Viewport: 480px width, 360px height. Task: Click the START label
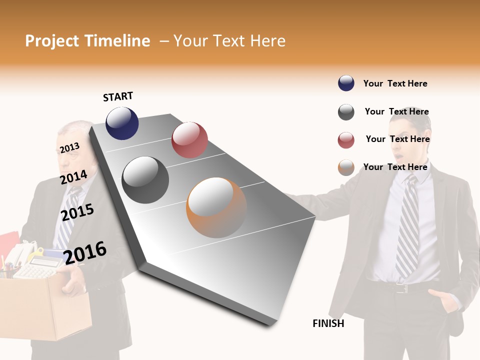(118, 96)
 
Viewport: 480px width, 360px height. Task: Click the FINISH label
(328, 323)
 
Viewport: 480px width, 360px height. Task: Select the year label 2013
(69, 148)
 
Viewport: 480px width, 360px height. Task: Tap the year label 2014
(73, 177)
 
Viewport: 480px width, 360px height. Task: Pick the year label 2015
(77, 212)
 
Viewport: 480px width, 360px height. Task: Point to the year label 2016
(85, 252)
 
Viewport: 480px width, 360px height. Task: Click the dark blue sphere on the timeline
(122, 123)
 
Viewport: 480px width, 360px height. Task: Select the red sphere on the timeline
(189, 139)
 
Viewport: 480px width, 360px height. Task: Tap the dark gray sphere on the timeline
(145, 180)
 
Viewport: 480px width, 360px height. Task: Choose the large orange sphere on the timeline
(216, 207)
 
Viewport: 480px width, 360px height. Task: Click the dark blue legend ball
(346, 83)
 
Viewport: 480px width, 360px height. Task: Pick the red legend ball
(346, 140)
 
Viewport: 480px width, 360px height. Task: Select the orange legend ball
(346, 167)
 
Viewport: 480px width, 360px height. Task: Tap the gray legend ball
(346, 112)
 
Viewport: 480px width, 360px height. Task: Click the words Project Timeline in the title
(87, 41)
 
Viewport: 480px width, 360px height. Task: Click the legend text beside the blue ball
(395, 83)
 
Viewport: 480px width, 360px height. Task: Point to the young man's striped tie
(407, 225)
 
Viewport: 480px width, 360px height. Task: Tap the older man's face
(75, 145)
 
